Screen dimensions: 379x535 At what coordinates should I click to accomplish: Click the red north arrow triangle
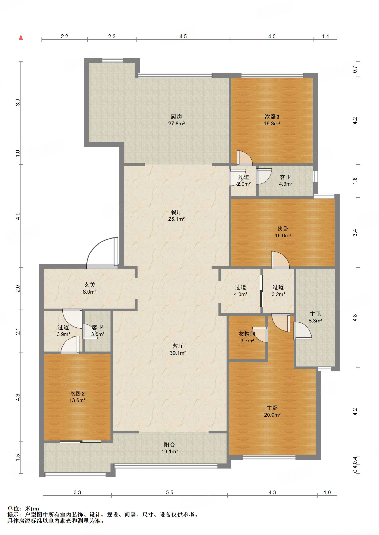point(21,37)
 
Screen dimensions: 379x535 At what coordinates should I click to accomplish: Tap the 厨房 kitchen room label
point(176,117)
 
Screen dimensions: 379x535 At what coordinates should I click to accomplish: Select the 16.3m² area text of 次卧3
point(272,124)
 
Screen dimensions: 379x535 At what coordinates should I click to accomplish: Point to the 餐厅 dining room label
point(176,212)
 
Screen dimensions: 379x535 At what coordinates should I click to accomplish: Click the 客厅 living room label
point(178,346)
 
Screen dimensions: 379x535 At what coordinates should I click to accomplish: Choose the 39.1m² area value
point(178,353)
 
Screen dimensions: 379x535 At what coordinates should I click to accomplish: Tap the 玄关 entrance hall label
point(90,285)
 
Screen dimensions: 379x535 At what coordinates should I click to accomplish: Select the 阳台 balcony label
point(169,444)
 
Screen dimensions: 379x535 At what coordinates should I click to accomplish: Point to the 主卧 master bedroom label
point(272,408)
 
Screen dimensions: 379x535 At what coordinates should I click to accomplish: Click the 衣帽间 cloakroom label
point(247,334)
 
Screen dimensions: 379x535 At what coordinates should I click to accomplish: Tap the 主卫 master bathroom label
point(315,314)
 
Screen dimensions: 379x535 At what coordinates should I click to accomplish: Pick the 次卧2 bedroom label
point(77,393)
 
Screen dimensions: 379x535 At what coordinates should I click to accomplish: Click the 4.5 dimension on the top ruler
point(183,36)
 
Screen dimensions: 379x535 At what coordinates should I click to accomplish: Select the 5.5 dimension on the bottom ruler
point(169,492)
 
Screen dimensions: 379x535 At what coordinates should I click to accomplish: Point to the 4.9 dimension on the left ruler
point(18,216)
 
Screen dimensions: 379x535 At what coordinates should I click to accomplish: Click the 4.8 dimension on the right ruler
point(355,318)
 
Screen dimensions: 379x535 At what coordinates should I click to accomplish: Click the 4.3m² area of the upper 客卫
point(286,184)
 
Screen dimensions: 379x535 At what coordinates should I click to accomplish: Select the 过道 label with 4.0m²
point(240,287)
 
